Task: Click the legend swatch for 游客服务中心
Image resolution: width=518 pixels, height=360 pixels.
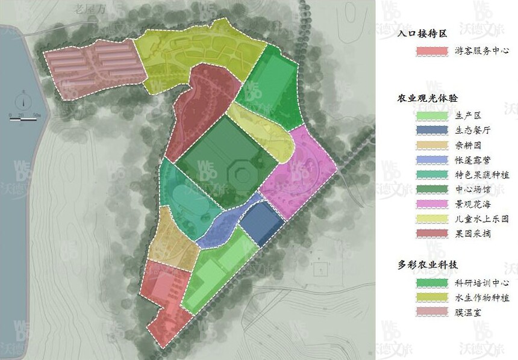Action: click(x=432, y=51)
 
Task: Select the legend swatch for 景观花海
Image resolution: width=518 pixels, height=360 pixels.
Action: click(x=432, y=204)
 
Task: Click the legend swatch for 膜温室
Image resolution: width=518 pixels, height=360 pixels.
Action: click(x=432, y=312)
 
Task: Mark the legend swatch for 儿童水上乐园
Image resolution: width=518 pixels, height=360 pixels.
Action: click(x=432, y=219)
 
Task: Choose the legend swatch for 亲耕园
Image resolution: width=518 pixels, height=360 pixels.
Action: click(x=432, y=145)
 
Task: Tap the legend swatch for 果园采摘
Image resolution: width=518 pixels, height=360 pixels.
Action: click(x=432, y=234)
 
